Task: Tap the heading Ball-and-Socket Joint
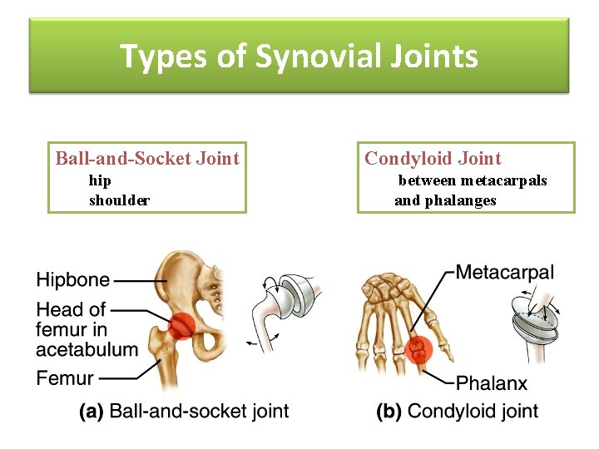(x=147, y=158)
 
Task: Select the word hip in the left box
(x=100, y=180)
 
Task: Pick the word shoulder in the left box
(x=119, y=200)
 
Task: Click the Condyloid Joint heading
(x=433, y=158)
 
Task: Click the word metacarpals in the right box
(x=503, y=180)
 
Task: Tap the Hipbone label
(x=72, y=280)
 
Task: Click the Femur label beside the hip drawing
(x=65, y=378)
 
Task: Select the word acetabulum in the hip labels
(x=87, y=348)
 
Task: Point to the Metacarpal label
(x=504, y=272)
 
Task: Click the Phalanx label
(x=492, y=383)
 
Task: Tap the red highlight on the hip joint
(x=182, y=326)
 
